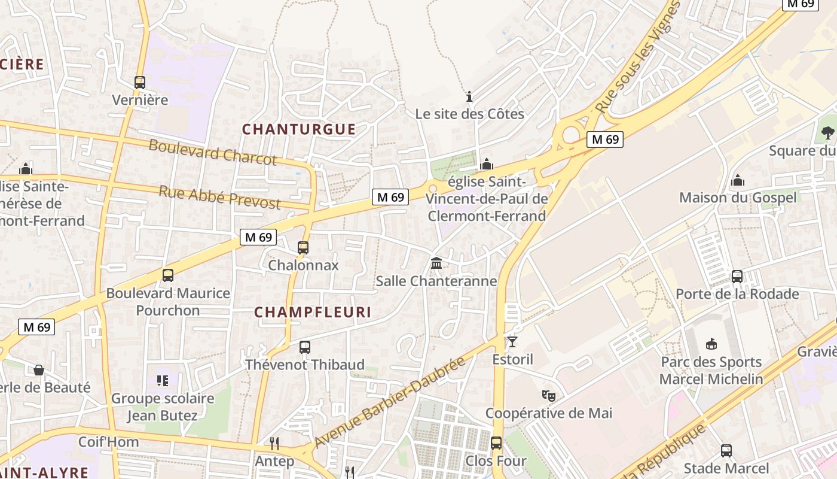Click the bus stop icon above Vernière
140,83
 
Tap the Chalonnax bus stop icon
303,248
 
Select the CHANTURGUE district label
299,129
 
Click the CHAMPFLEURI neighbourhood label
313,312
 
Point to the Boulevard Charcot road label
213,152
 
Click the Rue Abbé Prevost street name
219,198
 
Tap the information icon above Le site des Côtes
469,96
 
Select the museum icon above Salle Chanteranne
436,263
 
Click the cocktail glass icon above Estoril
512,342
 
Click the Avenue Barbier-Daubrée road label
389,402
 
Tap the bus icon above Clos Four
496,443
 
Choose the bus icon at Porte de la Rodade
737,277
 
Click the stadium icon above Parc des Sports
711,344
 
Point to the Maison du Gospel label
738,198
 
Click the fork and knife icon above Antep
274,444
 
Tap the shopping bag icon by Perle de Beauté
39,370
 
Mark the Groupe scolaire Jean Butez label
163,407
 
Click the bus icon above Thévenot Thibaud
305,347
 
